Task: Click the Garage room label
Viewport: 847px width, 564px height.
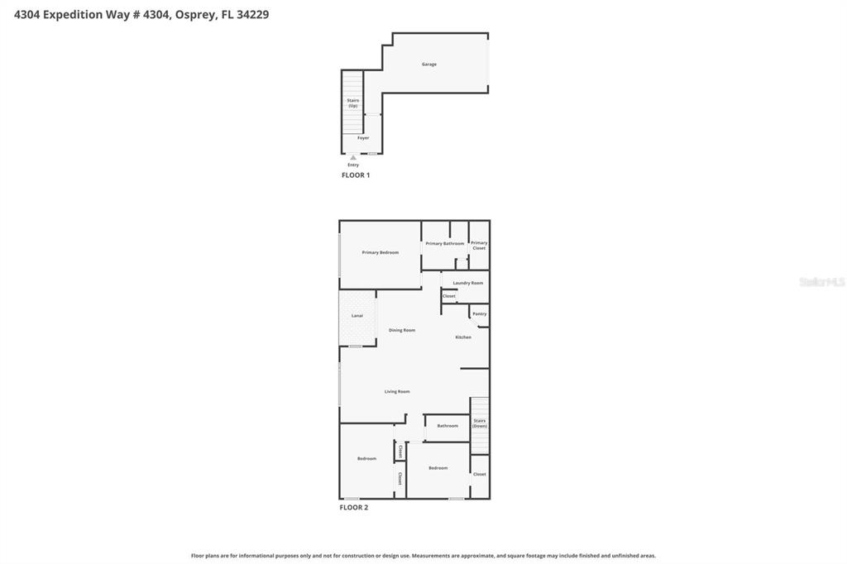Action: coord(429,65)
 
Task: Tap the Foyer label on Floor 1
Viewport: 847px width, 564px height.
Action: coord(363,138)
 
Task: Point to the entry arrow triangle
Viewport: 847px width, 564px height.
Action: coord(353,157)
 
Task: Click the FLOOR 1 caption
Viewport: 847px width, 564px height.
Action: coord(356,175)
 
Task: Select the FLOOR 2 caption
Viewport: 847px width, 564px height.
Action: coord(354,507)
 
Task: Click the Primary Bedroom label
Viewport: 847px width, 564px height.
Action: coord(380,252)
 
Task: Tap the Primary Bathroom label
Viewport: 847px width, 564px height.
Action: coord(445,244)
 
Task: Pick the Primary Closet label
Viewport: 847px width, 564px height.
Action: coord(479,246)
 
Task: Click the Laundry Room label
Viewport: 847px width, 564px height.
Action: coord(468,283)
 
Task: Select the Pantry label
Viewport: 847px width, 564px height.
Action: coord(479,314)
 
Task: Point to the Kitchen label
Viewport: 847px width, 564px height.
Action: coord(463,337)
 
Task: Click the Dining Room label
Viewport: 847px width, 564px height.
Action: coord(402,331)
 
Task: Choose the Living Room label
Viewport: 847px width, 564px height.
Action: coord(397,392)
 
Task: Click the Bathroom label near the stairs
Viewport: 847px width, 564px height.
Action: coord(447,426)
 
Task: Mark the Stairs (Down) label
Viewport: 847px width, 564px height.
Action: coord(480,423)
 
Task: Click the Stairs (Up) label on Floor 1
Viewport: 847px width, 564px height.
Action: coord(353,103)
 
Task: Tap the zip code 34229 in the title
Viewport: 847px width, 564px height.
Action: coord(252,15)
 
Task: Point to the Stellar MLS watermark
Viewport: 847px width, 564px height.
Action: coord(821,282)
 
